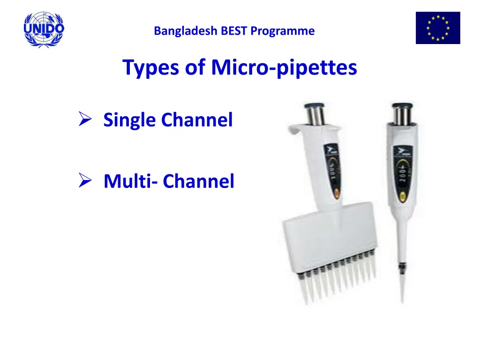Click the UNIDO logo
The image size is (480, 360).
point(44,30)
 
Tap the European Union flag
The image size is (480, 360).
point(438,28)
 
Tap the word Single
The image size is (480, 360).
point(130,120)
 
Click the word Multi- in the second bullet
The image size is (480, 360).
point(131,181)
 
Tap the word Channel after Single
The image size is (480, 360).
point(197,120)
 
